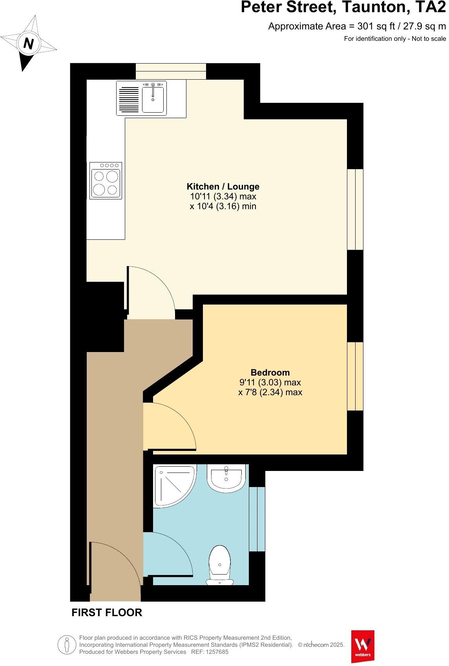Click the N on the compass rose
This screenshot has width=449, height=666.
(x=28, y=43)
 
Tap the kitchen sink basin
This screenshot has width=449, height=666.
(x=153, y=100)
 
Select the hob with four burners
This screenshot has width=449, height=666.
(x=106, y=181)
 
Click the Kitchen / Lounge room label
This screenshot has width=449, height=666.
(x=223, y=186)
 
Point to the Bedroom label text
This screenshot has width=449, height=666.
(x=270, y=372)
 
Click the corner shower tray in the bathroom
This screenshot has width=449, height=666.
(x=173, y=485)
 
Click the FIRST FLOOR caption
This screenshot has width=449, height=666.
(x=107, y=613)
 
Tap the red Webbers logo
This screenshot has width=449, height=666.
(x=362, y=646)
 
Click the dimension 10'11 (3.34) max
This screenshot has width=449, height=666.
(x=223, y=197)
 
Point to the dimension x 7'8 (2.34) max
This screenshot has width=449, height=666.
(x=270, y=392)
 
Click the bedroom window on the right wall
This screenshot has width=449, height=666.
(x=355, y=376)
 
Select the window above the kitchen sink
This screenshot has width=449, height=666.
(x=171, y=71)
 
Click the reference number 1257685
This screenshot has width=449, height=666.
(x=215, y=652)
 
